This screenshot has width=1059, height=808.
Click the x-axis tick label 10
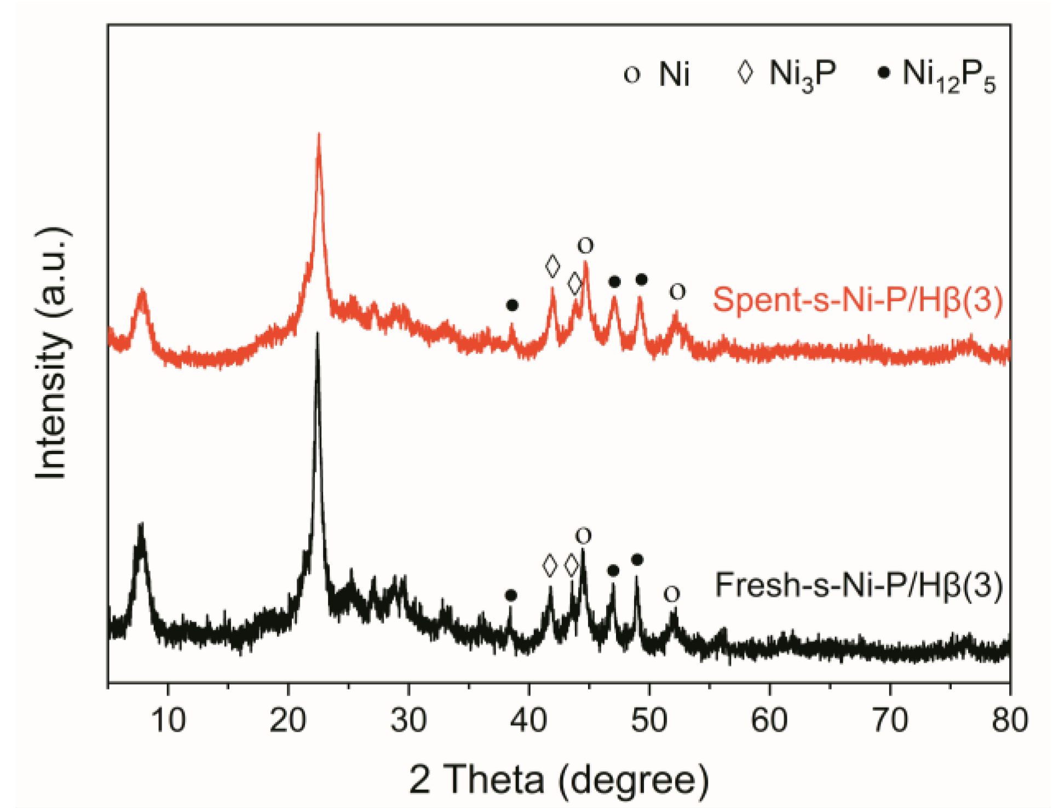tap(168, 720)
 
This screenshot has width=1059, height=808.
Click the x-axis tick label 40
tap(528, 720)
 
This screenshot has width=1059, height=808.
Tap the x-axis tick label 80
tap(1009, 720)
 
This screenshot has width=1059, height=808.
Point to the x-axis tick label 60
tap(769, 720)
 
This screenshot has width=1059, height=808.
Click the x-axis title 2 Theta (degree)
tap(559, 780)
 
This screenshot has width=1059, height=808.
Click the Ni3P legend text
tap(802, 74)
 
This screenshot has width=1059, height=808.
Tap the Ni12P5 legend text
tap(948, 75)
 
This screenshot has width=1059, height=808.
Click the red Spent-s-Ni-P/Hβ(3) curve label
tap(857, 300)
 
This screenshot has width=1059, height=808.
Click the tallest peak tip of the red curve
tap(319, 135)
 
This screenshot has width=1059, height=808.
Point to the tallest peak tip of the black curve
tap(316, 334)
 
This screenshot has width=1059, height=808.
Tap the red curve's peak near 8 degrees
tap(142, 290)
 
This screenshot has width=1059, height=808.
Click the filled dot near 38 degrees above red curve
tap(512, 305)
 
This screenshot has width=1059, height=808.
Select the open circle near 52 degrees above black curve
tap(672, 594)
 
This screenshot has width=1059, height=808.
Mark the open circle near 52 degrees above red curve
tap(677, 291)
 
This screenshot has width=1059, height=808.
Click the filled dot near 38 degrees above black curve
tap(511, 595)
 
